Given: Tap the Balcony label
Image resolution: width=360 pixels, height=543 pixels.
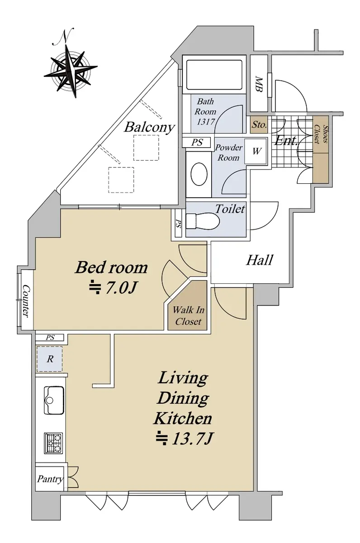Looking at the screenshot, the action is tap(149, 127).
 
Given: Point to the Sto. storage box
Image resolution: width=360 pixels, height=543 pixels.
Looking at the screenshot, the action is tap(259, 125).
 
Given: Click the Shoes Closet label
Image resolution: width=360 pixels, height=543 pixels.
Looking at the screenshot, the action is tap(321, 134).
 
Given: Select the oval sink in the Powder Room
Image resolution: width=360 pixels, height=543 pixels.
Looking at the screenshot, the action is tap(199, 174).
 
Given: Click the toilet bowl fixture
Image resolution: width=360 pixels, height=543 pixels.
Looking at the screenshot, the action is tap(203, 221).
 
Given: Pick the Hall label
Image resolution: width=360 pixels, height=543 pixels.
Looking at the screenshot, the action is tap(260, 260).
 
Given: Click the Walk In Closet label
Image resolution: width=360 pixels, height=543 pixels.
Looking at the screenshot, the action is tap(188, 316).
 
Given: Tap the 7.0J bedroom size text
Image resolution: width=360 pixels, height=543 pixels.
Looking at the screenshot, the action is tap(113, 287).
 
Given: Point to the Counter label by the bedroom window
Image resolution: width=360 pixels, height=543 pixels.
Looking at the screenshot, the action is tap(26, 301).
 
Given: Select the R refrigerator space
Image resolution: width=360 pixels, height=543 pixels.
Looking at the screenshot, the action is tap(49, 359).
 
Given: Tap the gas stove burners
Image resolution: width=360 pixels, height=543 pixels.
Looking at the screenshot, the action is tap(53, 443).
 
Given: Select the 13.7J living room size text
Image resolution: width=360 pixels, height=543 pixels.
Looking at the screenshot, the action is tap(185, 439).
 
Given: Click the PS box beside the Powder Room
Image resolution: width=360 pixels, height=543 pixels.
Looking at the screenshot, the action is tap(196, 142).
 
